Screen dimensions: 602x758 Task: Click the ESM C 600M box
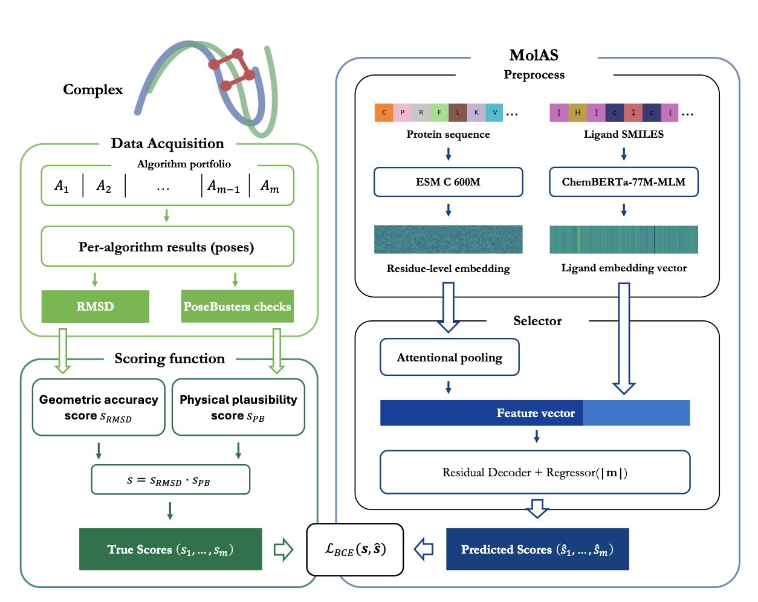pos(448,182)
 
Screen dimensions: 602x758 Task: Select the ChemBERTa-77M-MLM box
pos(623,182)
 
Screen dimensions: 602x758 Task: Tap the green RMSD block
pos(95,306)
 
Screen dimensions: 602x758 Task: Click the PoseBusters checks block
pos(237,306)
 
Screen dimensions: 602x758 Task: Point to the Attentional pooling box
pos(449,357)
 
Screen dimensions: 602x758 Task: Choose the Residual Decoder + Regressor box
pos(535,472)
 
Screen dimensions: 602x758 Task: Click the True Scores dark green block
pos(170,549)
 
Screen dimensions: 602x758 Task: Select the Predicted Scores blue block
pos(537,549)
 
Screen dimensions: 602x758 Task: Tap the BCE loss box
pos(355,549)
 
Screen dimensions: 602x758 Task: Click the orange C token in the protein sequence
pos(384,113)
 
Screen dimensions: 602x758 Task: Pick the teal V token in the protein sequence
pos(494,113)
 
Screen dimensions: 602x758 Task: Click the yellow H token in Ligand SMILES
pos(577,113)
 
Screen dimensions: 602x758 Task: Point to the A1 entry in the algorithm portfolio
pos(62,186)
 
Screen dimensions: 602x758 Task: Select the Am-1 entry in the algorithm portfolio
pos(224,186)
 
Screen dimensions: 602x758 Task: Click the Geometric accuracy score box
pos(99,407)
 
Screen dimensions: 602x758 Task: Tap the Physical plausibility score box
pos(238,407)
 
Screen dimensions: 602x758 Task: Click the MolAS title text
pos(534,56)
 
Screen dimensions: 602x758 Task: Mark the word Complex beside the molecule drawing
pos(92,89)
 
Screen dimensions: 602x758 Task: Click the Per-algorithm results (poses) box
pos(167,247)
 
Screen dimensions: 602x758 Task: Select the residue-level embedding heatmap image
pos(448,239)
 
